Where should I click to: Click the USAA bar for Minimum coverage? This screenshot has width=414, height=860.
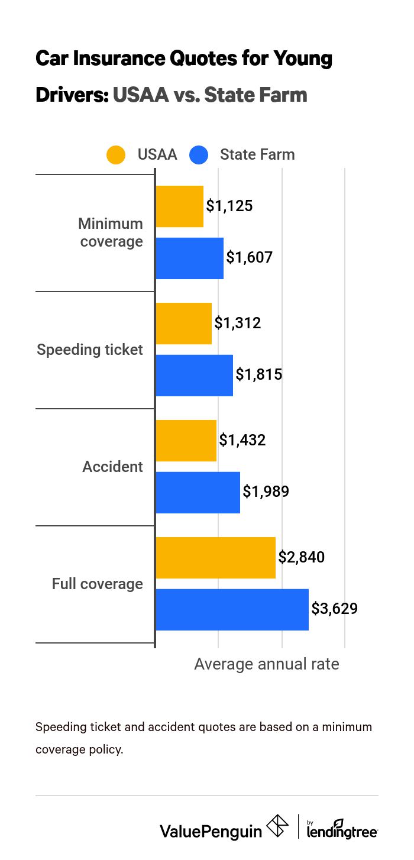[x=179, y=206]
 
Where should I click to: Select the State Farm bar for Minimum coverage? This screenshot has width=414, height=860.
[x=189, y=258]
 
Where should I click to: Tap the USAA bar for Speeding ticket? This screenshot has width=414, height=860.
[x=183, y=324]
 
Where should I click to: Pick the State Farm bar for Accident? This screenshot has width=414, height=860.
[x=198, y=492]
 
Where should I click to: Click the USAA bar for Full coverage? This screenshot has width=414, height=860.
[x=215, y=558]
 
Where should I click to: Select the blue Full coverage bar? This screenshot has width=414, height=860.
[x=232, y=609]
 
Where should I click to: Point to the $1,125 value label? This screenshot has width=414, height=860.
[x=229, y=206]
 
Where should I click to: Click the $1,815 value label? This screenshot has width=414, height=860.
[x=258, y=374]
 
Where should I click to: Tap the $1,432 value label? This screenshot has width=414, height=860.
[x=242, y=440]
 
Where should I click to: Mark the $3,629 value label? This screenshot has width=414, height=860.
[x=334, y=609]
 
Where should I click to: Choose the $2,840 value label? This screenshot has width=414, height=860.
[x=301, y=557]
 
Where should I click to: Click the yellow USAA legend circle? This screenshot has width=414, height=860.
[x=116, y=155]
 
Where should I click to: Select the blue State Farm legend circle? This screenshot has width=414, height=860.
[x=199, y=155]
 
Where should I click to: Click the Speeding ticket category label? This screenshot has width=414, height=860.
[x=90, y=350]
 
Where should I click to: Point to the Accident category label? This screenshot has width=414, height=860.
[x=112, y=467]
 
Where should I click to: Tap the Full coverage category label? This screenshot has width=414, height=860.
[x=98, y=584]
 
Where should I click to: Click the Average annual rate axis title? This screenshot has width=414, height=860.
[x=267, y=664]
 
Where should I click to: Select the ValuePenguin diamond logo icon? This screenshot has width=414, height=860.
[x=277, y=826]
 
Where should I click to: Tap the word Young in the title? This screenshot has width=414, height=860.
[x=302, y=59]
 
